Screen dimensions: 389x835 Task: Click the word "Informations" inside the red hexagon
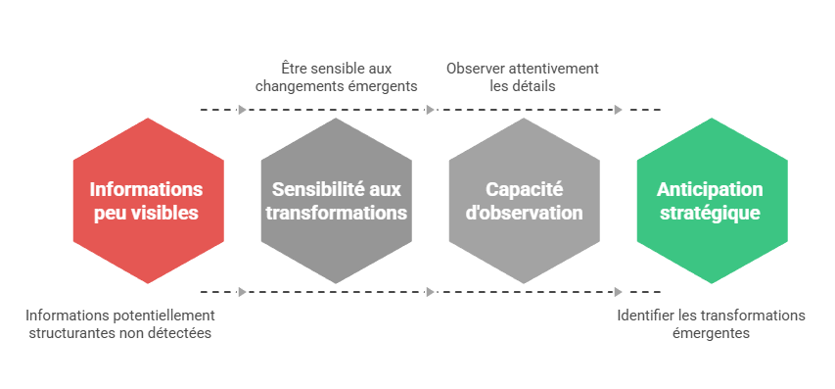[x=147, y=189]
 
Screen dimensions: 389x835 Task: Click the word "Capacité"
[x=523, y=189]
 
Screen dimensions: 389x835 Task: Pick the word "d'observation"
[x=523, y=213]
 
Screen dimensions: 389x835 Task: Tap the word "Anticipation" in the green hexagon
[x=711, y=189]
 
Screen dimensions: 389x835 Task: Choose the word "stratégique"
[x=711, y=213]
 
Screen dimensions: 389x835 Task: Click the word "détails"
[x=534, y=86]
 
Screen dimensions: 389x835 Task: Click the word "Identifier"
[x=646, y=316]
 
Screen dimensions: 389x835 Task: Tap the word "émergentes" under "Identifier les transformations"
[x=711, y=333]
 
